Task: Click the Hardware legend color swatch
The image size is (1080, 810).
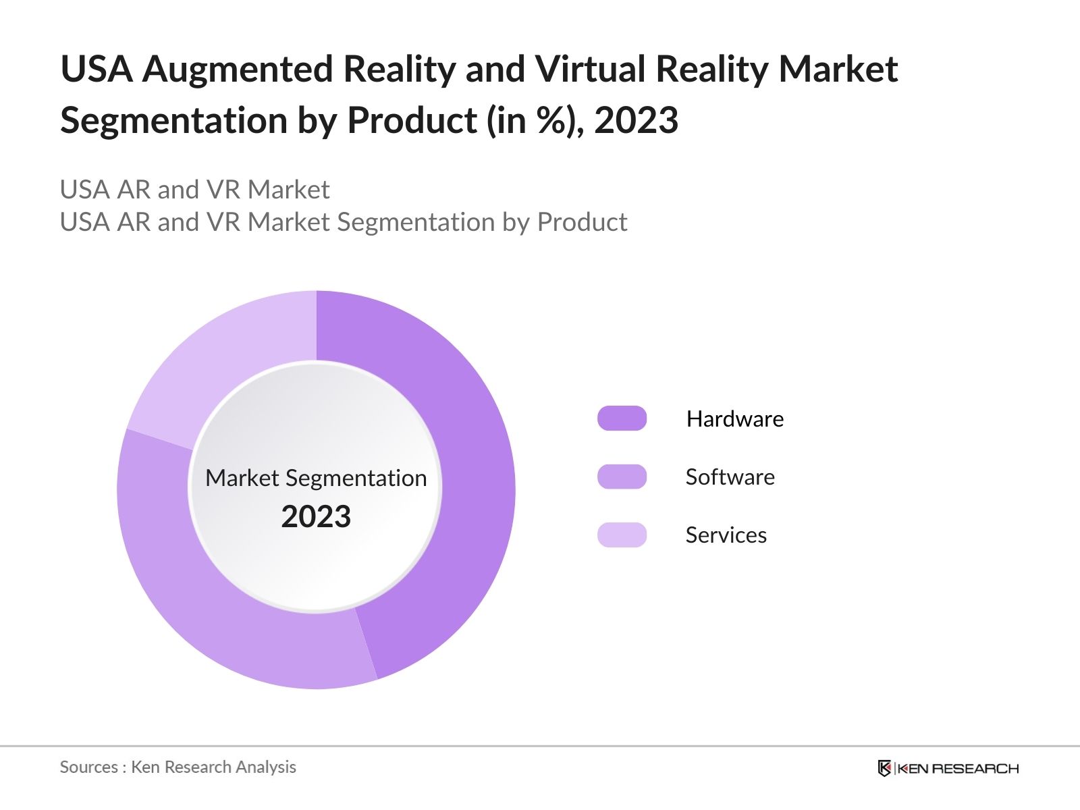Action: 622,418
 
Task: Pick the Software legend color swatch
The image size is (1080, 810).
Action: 622,477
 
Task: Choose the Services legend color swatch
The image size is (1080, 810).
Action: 622,535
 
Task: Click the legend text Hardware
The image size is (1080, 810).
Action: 734,419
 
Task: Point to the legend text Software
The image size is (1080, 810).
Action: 730,477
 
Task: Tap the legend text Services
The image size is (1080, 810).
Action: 726,535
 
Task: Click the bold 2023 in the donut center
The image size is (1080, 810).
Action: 316,517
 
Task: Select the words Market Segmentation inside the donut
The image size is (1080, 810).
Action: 316,478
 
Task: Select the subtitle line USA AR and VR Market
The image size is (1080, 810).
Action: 194,190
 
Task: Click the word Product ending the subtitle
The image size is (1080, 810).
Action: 582,222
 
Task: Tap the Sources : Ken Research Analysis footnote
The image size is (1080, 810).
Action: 178,767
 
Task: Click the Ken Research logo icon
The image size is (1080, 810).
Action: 884,768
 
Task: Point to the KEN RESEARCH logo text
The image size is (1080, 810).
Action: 958,768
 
